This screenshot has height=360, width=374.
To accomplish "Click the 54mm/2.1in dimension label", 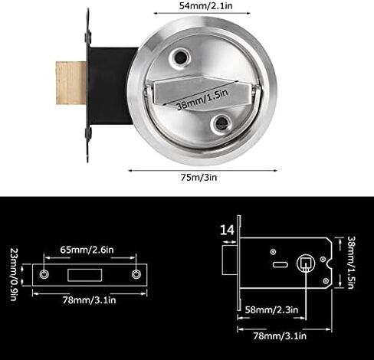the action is pos(205,6).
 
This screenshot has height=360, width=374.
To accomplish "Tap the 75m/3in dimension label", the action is pos(198,177).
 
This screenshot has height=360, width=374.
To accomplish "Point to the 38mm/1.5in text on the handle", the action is pos(202,99).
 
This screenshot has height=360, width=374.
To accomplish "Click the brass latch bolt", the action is pos(71,83).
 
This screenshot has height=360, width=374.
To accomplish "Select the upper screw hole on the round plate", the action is pos(180,57).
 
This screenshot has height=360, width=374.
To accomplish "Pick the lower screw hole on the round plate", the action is pos(221,124).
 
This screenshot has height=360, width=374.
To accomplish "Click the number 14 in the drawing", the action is pos(227,230).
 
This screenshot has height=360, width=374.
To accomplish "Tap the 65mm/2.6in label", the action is pos(87,250).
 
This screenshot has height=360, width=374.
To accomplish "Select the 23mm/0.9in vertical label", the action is pos(14,274).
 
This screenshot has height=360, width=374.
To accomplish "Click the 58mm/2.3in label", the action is pos(271,309).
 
